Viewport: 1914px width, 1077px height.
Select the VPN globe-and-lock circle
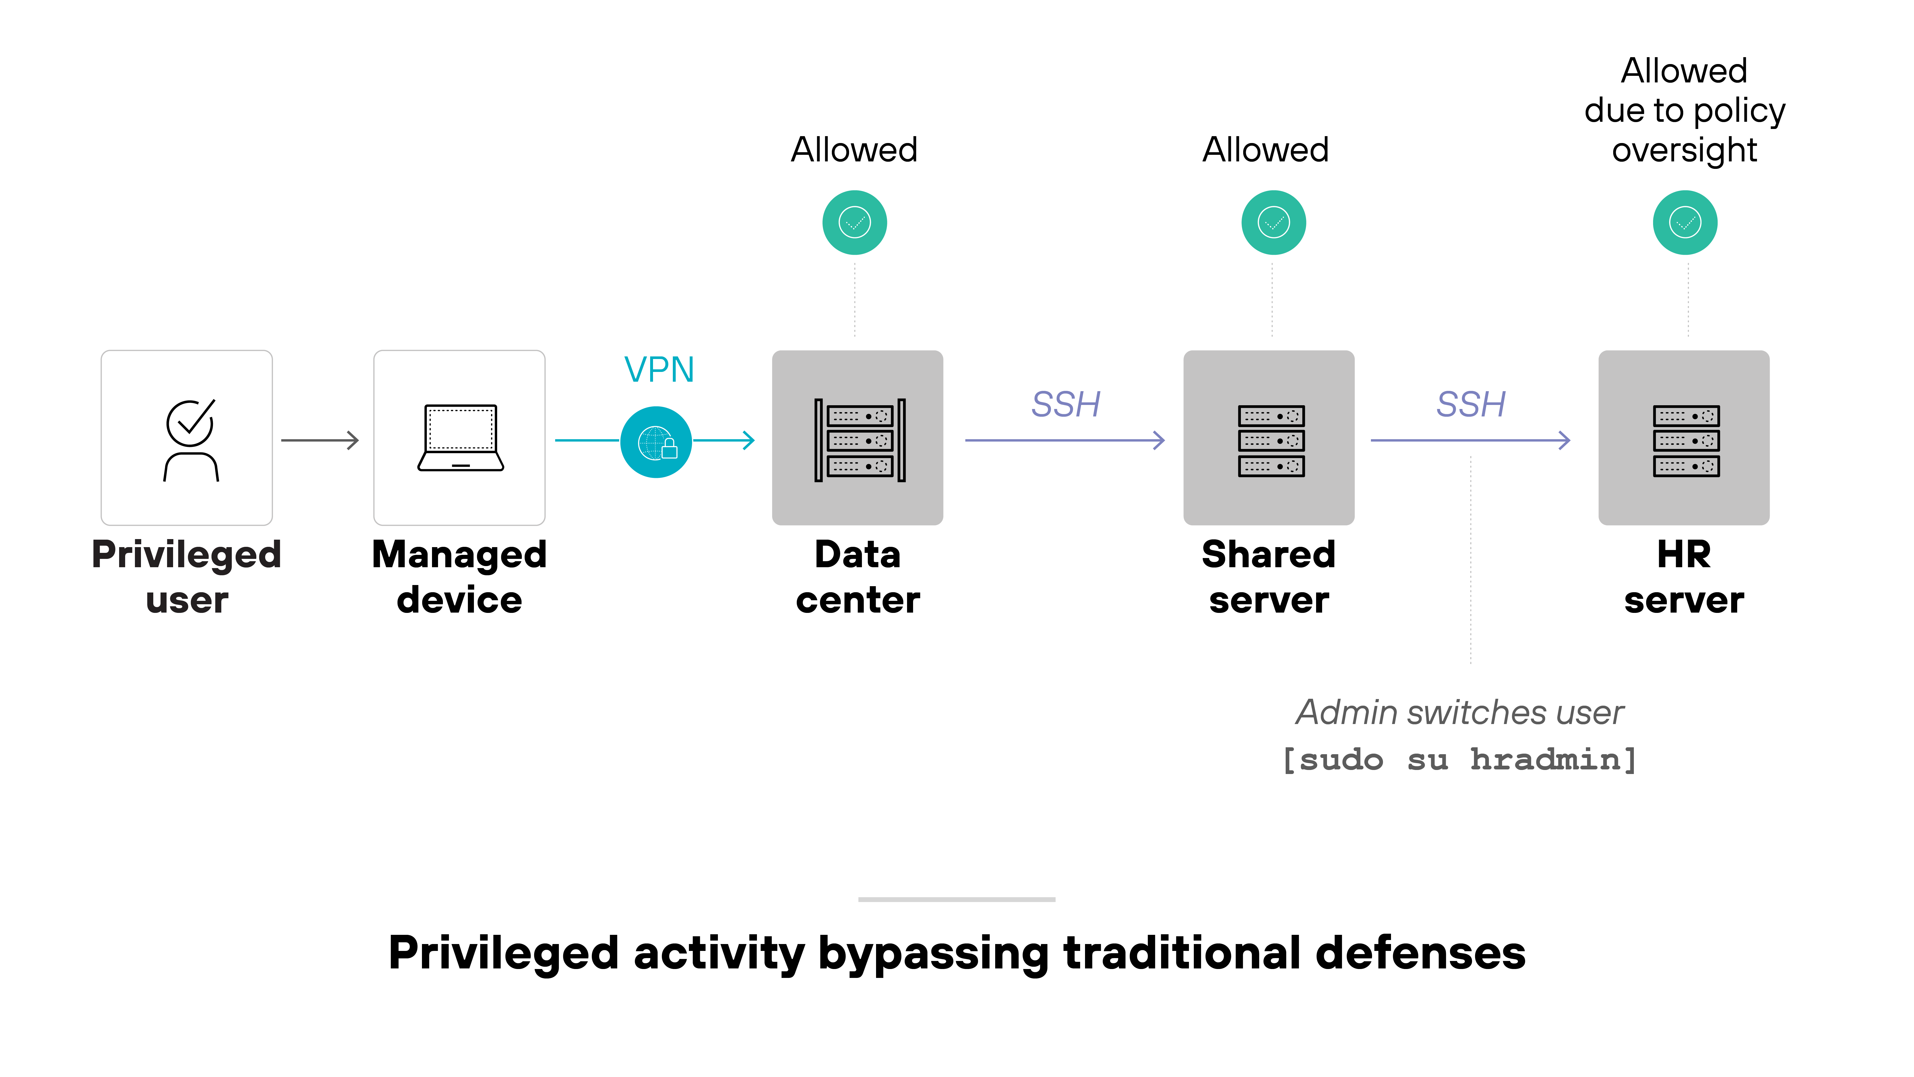click(x=656, y=442)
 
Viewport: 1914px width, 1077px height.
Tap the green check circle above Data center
click(x=855, y=222)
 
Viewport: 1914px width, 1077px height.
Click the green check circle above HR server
click(x=1684, y=222)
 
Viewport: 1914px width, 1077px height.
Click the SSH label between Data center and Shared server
click(x=1066, y=404)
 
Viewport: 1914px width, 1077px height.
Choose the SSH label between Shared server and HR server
click(x=1471, y=404)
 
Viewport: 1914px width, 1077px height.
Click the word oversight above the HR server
click(x=1684, y=150)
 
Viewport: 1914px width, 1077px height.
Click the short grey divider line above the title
click(x=956, y=899)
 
